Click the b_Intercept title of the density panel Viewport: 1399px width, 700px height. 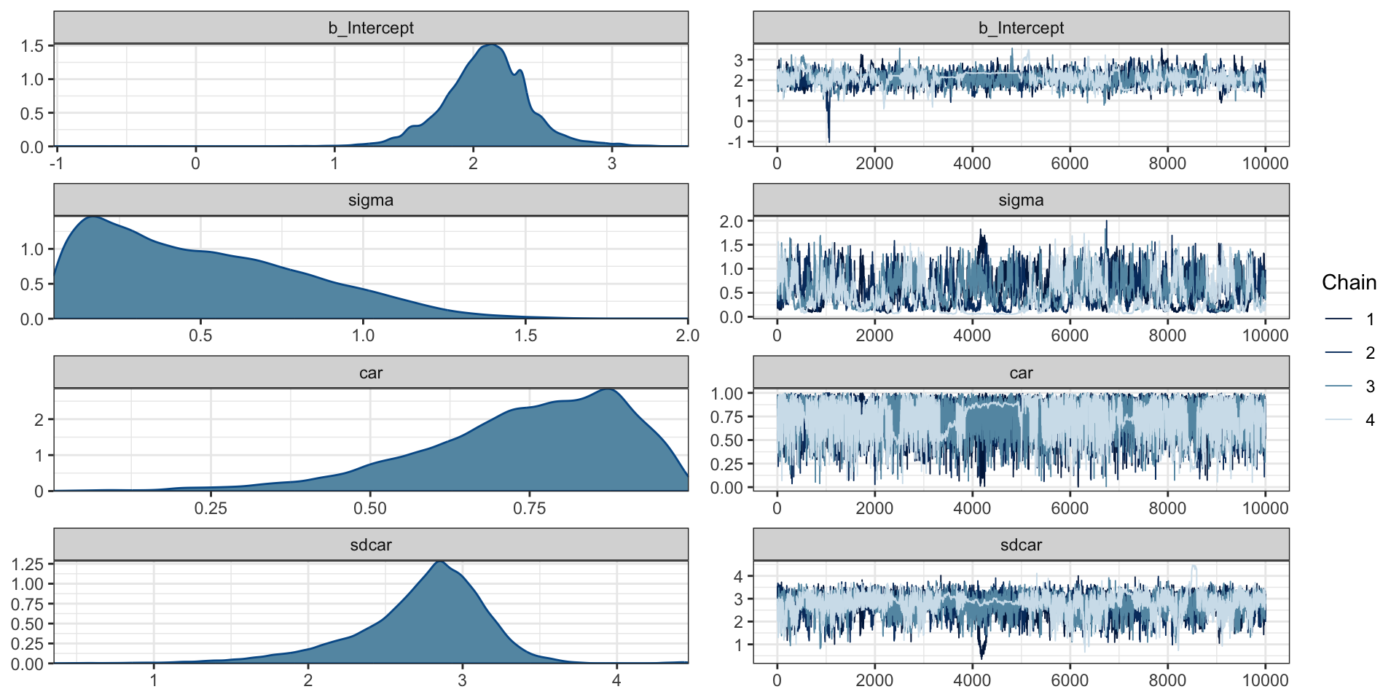(370, 28)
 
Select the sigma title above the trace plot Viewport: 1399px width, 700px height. (1020, 201)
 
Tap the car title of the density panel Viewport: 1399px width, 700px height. (370, 373)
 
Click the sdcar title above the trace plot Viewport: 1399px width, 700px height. (1020, 545)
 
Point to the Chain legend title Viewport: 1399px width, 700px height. (1349, 283)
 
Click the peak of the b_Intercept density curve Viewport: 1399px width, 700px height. (493, 45)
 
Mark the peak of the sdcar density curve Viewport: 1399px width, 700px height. (439, 561)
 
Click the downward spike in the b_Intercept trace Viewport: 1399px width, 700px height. (828, 140)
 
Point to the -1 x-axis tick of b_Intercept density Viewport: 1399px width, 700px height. (56, 163)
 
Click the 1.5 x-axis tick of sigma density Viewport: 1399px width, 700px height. (525, 335)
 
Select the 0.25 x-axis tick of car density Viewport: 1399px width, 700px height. (211, 508)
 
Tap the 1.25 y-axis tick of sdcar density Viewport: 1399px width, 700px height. (28, 564)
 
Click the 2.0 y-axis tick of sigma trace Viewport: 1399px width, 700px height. (731, 222)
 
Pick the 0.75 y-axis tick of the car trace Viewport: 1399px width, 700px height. (726, 417)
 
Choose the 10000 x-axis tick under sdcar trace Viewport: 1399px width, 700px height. (1265, 680)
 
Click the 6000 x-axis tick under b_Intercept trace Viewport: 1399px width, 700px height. (1070, 163)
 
